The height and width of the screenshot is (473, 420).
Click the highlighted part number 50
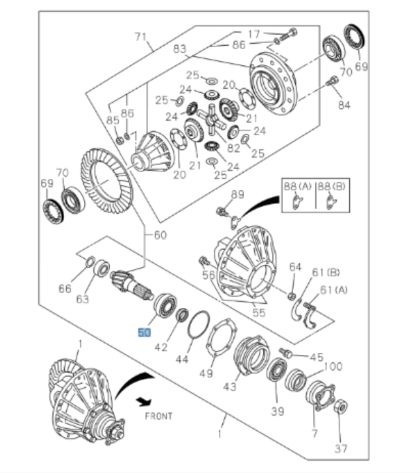[x=144, y=333]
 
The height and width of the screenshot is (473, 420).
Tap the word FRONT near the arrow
[x=158, y=416]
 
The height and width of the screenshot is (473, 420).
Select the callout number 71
[x=140, y=36]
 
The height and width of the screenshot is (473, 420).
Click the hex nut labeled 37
[x=341, y=408]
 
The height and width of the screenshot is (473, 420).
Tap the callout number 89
[x=237, y=195]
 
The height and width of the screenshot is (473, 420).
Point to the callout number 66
[x=64, y=289]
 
